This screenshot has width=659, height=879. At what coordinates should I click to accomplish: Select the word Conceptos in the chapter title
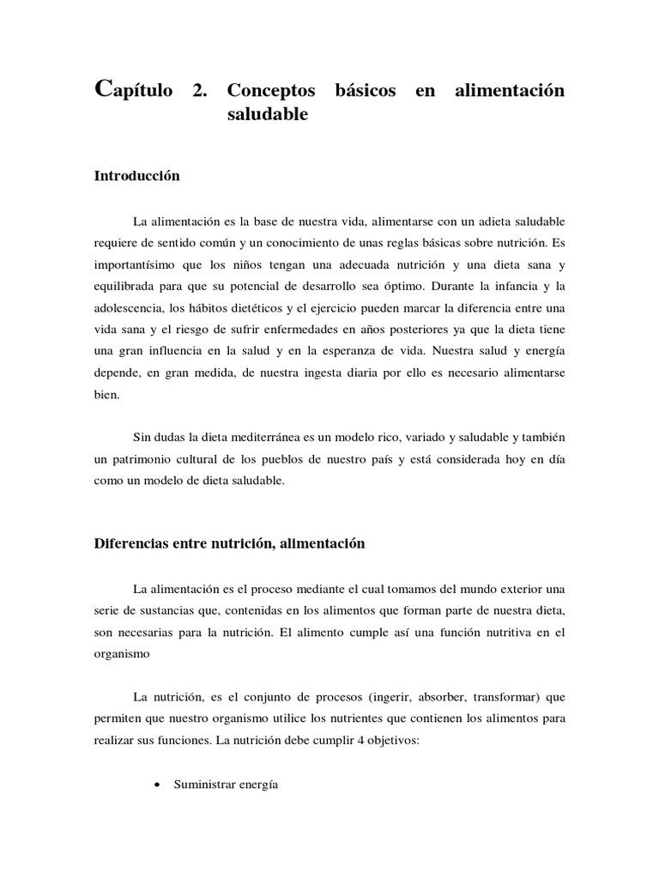[x=270, y=91]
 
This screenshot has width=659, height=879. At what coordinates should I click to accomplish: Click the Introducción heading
[x=136, y=175]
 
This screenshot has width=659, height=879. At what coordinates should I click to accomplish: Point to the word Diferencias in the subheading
[x=131, y=543]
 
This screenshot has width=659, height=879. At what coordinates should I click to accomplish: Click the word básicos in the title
[x=366, y=91]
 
